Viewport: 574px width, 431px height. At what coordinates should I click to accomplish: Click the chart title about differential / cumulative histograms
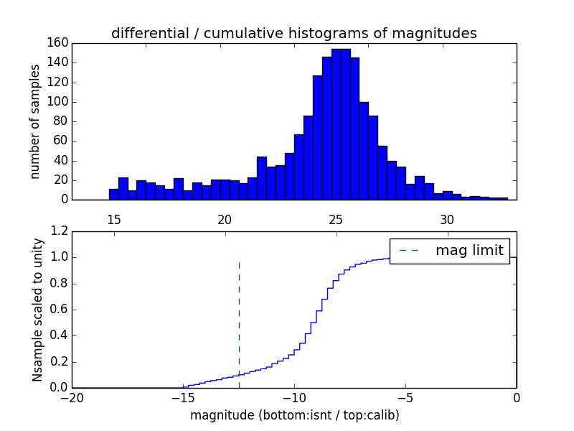click(293, 33)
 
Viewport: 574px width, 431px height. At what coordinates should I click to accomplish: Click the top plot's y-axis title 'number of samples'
click(35, 121)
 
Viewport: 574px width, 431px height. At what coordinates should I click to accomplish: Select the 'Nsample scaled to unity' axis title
click(37, 310)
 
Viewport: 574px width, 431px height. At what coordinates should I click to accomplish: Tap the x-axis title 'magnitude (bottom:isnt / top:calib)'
click(294, 415)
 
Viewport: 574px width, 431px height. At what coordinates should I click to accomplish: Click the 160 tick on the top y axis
click(58, 43)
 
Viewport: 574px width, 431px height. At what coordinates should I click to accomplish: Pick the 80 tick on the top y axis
click(61, 121)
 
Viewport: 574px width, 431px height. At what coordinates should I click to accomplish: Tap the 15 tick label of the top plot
click(113, 219)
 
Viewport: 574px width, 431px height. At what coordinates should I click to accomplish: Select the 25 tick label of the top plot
click(336, 219)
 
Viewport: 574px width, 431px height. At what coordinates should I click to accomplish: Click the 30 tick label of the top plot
click(447, 219)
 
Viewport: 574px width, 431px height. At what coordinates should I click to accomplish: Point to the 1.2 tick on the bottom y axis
click(60, 231)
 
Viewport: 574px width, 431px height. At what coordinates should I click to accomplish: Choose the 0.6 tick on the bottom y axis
click(60, 310)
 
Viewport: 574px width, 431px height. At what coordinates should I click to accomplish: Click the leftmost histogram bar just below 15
click(113, 195)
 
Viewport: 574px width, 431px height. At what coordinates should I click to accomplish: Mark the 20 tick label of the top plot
click(225, 219)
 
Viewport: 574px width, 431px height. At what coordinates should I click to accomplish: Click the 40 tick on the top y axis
click(61, 161)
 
